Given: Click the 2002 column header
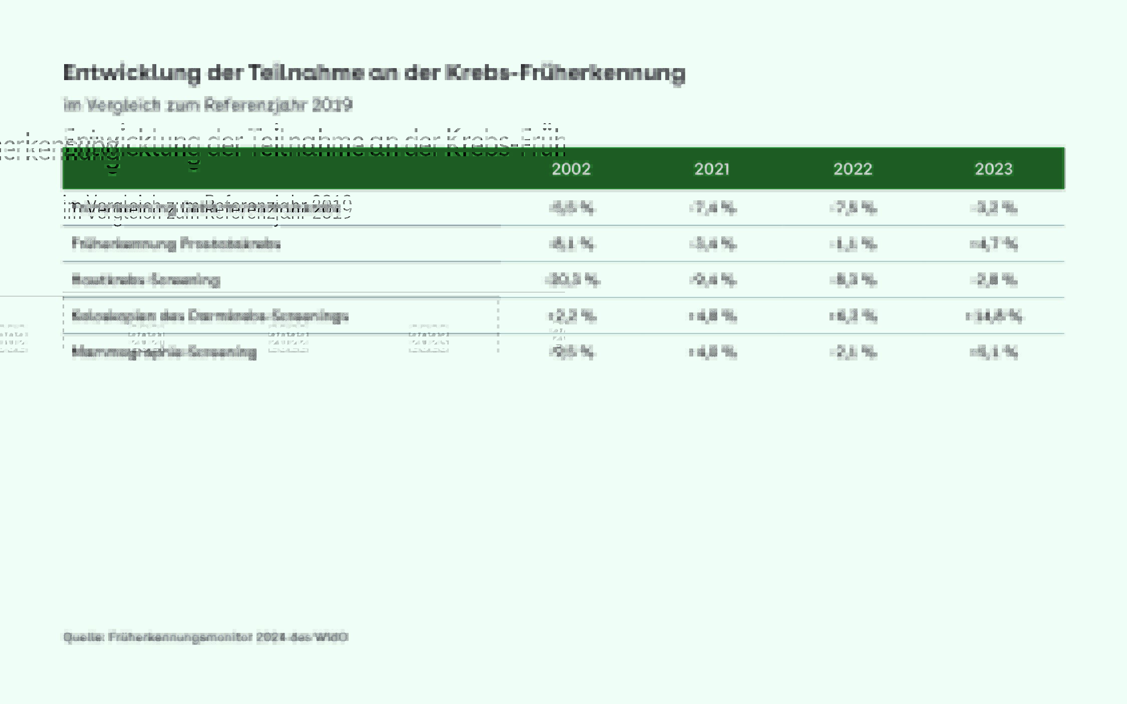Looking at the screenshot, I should click(571, 169).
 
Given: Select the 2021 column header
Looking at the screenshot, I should click(712, 169).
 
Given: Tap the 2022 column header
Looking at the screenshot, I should click(853, 169).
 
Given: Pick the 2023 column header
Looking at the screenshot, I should click(993, 169).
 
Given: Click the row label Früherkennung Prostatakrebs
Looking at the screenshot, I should click(176, 244).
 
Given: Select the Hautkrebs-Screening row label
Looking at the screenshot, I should click(146, 280).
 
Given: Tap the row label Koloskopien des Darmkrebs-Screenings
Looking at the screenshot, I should click(210, 316).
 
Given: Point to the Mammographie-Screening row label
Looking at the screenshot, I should click(164, 352).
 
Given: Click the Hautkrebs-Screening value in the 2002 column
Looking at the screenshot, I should click(572, 280).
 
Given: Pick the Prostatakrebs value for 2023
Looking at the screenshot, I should click(994, 244).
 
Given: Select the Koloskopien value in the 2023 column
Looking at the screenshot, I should click(994, 316).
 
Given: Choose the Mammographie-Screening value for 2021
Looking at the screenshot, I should click(712, 352).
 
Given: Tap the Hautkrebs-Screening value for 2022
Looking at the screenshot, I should click(853, 280).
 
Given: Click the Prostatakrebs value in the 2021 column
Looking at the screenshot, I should click(712, 244).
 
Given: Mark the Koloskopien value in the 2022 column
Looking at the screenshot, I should click(853, 316).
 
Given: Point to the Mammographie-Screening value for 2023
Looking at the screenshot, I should click(994, 352).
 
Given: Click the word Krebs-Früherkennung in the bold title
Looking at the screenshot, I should click(565, 73).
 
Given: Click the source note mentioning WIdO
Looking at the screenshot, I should click(205, 637).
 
